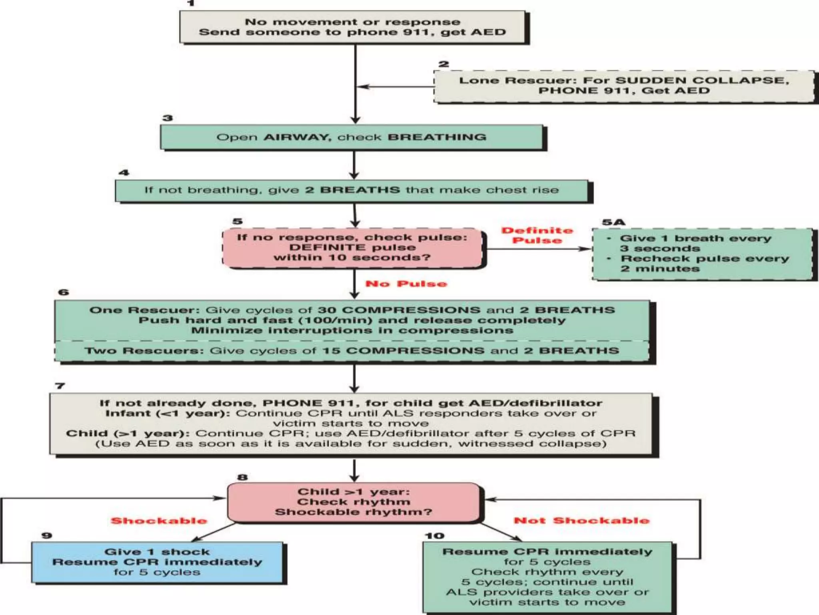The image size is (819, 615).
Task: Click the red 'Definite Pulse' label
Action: coord(537,235)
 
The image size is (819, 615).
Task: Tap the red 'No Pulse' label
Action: coord(406,284)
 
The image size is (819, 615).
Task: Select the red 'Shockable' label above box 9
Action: coord(159,521)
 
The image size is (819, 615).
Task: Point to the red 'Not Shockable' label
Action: coord(581,521)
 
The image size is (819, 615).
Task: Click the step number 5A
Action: coord(613,222)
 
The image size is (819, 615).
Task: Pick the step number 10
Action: coord(435,536)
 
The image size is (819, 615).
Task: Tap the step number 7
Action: coord(60,386)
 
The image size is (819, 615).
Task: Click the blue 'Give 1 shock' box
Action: coord(157,562)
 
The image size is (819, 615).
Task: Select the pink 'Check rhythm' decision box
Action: coord(353,502)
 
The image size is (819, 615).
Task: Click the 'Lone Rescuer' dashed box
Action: coord(623,86)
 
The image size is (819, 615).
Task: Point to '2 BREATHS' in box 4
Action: coord(352,190)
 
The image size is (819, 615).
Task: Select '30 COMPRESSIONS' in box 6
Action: coord(399,310)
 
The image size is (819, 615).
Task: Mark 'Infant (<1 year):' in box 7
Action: coord(167,413)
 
